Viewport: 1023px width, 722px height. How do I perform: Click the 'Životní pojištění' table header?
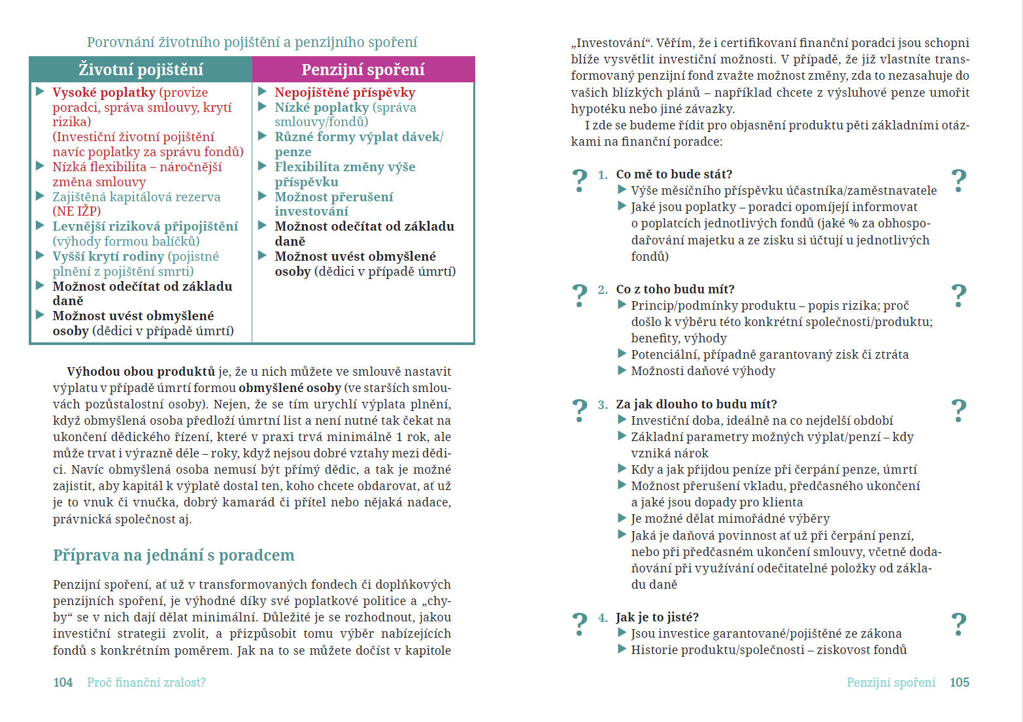point(141,69)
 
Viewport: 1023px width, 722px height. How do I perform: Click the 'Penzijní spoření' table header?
point(363,69)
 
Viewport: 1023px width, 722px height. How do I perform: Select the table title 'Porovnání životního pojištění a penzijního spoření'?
point(252,42)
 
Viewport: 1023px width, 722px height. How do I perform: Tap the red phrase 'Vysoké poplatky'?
point(104,93)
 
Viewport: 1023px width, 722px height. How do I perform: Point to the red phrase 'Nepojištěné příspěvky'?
point(344,93)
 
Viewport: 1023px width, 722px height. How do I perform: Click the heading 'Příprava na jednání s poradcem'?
point(173,555)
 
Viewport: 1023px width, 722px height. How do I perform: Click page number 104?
point(63,683)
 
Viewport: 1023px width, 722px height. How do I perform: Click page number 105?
point(959,683)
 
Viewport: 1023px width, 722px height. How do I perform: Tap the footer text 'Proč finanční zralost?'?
point(146,683)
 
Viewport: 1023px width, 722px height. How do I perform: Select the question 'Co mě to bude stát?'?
point(674,174)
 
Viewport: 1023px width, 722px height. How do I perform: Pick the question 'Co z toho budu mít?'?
point(675,289)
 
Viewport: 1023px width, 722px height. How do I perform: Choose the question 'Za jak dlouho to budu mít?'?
point(696,404)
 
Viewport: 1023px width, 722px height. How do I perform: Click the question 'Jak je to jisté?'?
point(657,617)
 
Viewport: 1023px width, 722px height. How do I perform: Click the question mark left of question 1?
point(580,180)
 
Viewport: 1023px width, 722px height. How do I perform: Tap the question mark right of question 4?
point(958,624)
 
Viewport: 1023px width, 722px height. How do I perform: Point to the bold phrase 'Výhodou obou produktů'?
point(141,372)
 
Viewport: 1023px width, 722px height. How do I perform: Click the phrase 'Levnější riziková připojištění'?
point(145,227)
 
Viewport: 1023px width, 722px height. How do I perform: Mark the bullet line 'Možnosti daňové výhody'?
point(703,371)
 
